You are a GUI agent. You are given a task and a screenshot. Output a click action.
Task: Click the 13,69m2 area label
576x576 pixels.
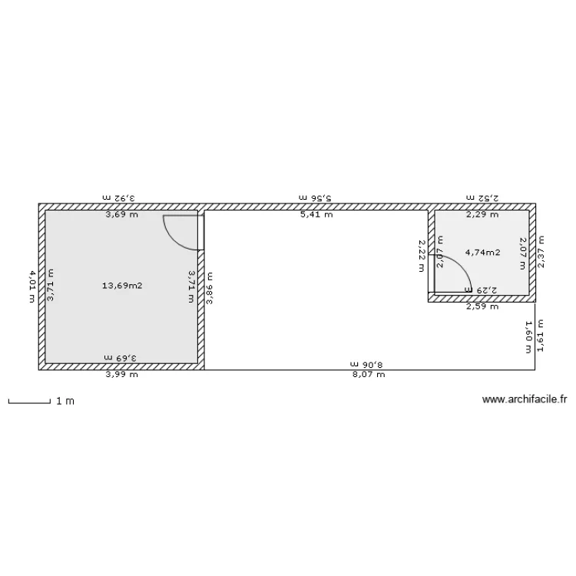click(122, 286)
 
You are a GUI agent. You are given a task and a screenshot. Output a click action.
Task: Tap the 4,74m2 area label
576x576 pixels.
click(483, 252)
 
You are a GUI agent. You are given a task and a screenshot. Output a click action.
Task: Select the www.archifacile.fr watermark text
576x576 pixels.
click(524, 399)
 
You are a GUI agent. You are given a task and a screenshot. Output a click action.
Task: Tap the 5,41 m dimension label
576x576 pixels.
click(316, 215)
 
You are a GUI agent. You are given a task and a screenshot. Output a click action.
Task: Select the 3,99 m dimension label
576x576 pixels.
click(122, 375)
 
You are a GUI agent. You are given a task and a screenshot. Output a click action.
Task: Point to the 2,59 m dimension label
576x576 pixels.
click(482, 306)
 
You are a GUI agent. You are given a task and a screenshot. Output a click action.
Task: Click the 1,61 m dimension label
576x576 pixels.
click(541, 336)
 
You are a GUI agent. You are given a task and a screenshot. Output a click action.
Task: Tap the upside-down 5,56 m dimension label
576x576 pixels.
click(316, 198)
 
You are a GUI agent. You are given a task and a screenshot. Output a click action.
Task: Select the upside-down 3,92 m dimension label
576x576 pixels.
click(119, 198)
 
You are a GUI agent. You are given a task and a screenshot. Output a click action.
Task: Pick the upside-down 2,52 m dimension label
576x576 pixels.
click(482, 198)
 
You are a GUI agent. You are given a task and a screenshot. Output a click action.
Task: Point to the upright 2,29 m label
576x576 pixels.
click(482, 215)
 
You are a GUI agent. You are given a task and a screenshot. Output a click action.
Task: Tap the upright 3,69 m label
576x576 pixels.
click(122, 215)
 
